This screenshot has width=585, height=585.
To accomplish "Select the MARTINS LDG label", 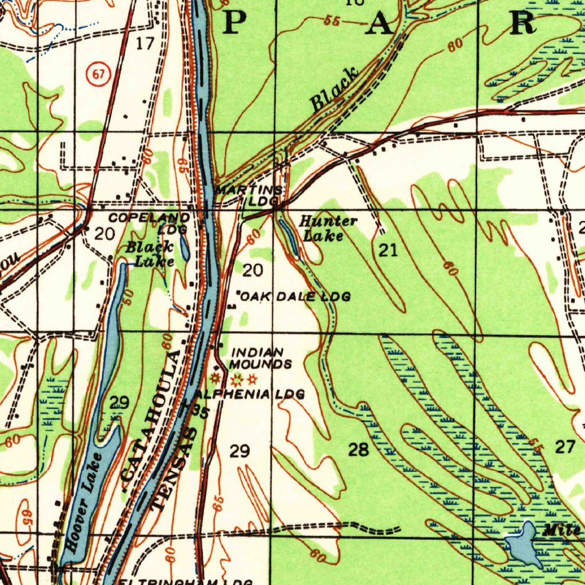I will click(x=250, y=195).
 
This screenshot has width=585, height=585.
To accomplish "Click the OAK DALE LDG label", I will click(x=294, y=296).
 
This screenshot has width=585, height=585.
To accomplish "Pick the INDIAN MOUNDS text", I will click(x=261, y=358).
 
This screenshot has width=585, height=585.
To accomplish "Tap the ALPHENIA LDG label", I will click(x=249, y=394).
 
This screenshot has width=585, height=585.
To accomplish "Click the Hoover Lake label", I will click(x=85, y=502).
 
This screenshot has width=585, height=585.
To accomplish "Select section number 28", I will click(x=359, y=450).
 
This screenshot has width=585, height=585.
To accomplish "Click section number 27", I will click(x=565, y=447).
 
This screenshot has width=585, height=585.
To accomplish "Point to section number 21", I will click(x=388, y=250).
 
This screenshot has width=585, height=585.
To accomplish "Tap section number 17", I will click(x=146, y=43).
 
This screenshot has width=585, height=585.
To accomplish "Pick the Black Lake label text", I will click(x=150, y=254).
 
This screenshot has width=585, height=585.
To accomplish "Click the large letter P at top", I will click(x=235, y=22).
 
